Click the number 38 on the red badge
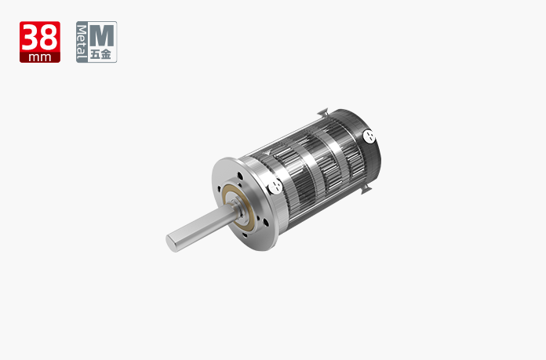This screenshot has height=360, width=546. [x=40, y=37]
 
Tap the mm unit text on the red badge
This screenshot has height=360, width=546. [x=40, y=57]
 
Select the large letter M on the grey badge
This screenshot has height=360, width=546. [x=102, y=35]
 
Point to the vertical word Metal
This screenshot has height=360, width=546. [x=82, y=42]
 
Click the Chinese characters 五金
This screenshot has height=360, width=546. [x=101, y=54]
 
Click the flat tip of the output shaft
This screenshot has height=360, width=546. [x=171, y=243]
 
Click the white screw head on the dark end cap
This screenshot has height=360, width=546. [x=369, y=136]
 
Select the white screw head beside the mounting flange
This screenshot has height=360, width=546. [x=275, y=187]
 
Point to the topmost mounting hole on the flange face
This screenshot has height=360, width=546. [x=240, y=176]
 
